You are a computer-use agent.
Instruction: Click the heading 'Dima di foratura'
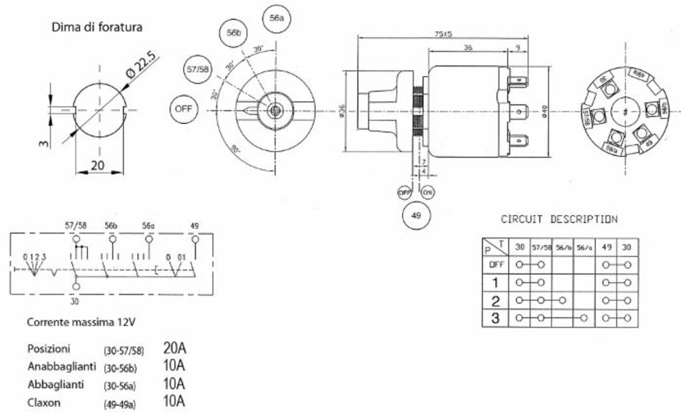[97, 28]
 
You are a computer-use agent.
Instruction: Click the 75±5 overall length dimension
[443, 34]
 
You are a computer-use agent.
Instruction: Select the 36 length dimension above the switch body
[468, 48]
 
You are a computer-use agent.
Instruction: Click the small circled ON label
[428, 193]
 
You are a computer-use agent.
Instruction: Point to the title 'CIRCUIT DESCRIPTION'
[559, 219]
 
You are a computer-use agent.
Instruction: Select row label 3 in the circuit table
[494, 318]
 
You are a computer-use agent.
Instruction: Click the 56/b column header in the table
[563, 247]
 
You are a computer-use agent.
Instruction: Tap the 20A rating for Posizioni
[175, 348]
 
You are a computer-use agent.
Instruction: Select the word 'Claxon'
[45, 401]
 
